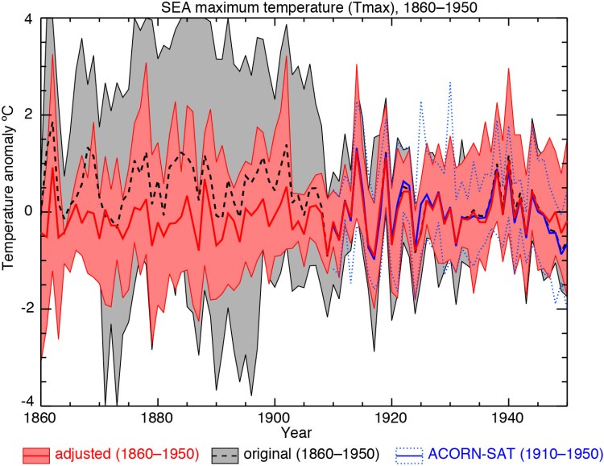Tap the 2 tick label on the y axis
point(29,114)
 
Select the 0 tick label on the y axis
point(29,211)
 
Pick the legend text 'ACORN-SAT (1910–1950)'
point(513,451)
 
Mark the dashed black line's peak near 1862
point(52,120)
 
